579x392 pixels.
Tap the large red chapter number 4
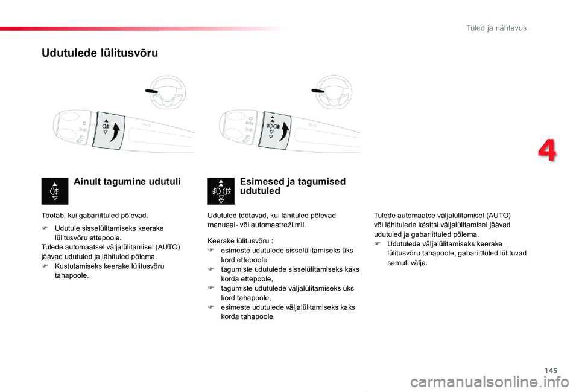point(547,151)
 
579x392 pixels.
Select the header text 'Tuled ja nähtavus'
point(496,28)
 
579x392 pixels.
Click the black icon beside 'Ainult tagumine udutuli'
point(54,191)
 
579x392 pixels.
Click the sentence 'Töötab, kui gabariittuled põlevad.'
point(95,215)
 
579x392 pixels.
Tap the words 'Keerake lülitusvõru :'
point(240,240)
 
